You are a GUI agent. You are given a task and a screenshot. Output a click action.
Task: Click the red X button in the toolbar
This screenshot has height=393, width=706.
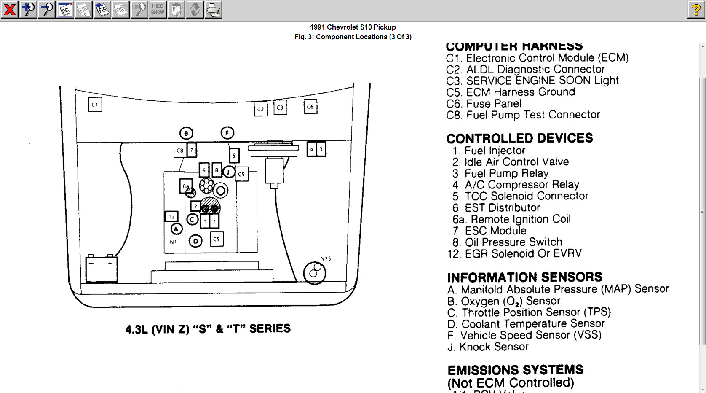(9, 9)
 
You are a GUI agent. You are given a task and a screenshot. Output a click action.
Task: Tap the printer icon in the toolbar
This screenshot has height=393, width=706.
(214, 9)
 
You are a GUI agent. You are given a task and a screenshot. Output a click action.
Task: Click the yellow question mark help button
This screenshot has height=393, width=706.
(696, 9)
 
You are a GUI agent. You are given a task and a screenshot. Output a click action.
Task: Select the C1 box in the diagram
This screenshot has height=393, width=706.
(95, 105)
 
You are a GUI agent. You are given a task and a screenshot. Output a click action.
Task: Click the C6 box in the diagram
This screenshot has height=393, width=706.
(310, 107)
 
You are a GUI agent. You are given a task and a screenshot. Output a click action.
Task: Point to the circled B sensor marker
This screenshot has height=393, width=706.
(186, 133)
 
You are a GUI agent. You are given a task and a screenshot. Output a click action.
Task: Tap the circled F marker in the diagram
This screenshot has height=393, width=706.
(227, 133)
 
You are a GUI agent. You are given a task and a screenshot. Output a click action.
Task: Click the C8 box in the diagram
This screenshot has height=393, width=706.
(180, 151)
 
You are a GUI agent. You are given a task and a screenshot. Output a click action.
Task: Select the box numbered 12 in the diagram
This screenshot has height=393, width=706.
(171, 216)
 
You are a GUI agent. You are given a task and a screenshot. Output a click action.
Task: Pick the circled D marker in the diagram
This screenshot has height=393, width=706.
(195, 241)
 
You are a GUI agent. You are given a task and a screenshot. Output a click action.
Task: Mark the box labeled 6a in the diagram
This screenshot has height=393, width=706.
(186, 186)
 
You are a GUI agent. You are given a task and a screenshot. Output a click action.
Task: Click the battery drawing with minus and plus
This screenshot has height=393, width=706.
(102, 269)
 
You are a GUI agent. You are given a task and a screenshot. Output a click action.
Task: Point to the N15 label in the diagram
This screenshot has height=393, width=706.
(326, 258)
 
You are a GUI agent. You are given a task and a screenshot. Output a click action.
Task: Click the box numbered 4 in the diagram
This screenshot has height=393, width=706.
(312, 149)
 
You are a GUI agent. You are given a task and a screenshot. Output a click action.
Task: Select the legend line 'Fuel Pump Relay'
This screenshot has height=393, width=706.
(506, 173)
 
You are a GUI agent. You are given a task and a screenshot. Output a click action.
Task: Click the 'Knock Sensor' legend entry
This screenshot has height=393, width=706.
(493, 347)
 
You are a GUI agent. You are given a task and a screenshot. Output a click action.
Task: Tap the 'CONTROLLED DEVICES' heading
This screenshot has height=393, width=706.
(519, 138)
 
